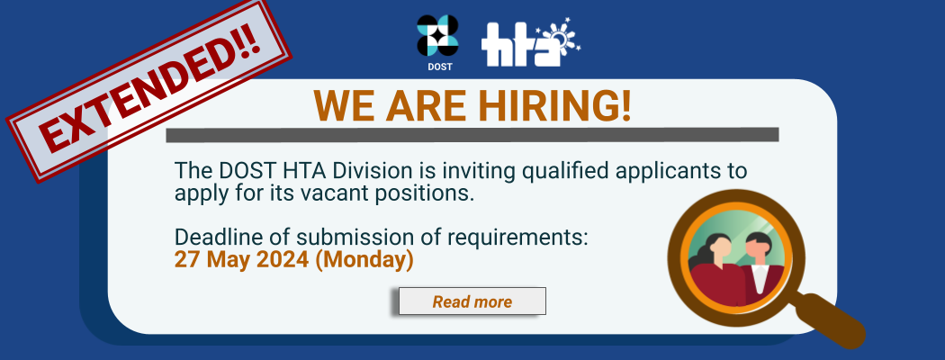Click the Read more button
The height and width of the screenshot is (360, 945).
point(472,301)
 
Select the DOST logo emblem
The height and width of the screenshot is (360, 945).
point(437,36)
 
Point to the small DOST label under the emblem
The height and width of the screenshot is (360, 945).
point(440,67)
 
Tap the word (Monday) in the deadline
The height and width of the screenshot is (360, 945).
point(364,260)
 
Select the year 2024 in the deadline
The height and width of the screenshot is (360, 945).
point(283,260)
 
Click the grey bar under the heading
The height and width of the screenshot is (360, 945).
point(472,134)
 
